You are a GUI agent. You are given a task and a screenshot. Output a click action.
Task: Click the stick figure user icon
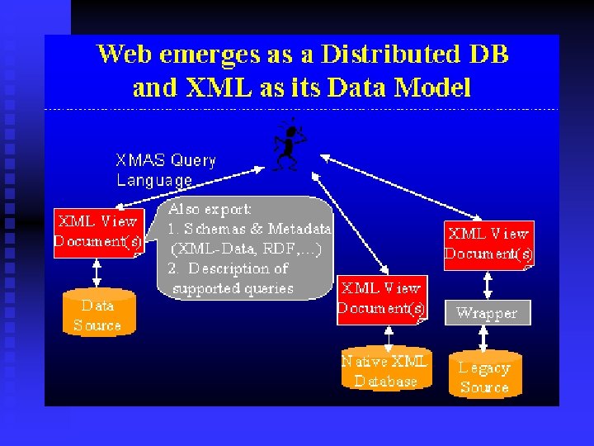(x=288, y=145)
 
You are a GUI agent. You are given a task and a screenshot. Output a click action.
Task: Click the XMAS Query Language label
(x=165, y=170)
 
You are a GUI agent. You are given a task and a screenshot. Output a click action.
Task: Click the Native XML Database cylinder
(x=385, y=370)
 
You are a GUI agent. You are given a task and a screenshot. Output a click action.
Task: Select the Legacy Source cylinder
(x=484, y=377)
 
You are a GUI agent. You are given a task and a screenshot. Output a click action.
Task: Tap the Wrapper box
(x=487, y=313)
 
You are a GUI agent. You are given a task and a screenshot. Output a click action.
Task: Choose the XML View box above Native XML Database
(x=382, y=299)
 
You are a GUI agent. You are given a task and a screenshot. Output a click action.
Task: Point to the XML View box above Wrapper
(x=488, y=244)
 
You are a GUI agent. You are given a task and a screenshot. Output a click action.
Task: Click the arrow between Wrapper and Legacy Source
(x=485, y=339)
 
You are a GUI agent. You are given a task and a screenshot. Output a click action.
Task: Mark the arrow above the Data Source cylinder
(x=97, y=272)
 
